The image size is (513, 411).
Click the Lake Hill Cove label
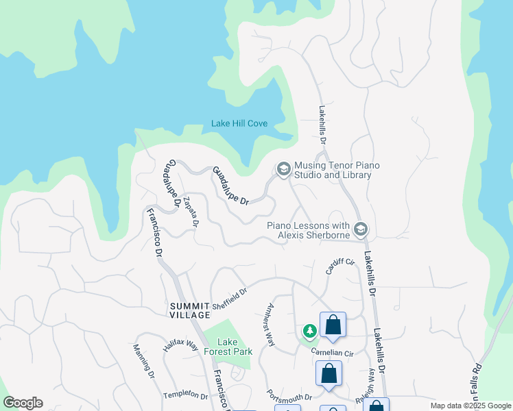coord(239,124)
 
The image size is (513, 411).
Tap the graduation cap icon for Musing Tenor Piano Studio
coord(283,169)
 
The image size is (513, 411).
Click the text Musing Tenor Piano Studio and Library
coord(337,170)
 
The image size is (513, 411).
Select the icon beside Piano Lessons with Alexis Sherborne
coord(361,228)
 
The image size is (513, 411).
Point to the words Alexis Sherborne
coord(313,236)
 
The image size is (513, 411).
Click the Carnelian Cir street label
coord(331,353)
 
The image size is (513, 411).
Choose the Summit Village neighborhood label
coord(190,309)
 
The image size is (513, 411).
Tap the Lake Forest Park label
coord(235,347)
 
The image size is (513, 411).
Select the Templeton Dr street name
coord(185,395)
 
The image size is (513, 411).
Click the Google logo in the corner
coord(23,403)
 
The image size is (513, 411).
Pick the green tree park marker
coord(310,332)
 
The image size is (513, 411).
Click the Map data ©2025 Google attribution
coord(470,406)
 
